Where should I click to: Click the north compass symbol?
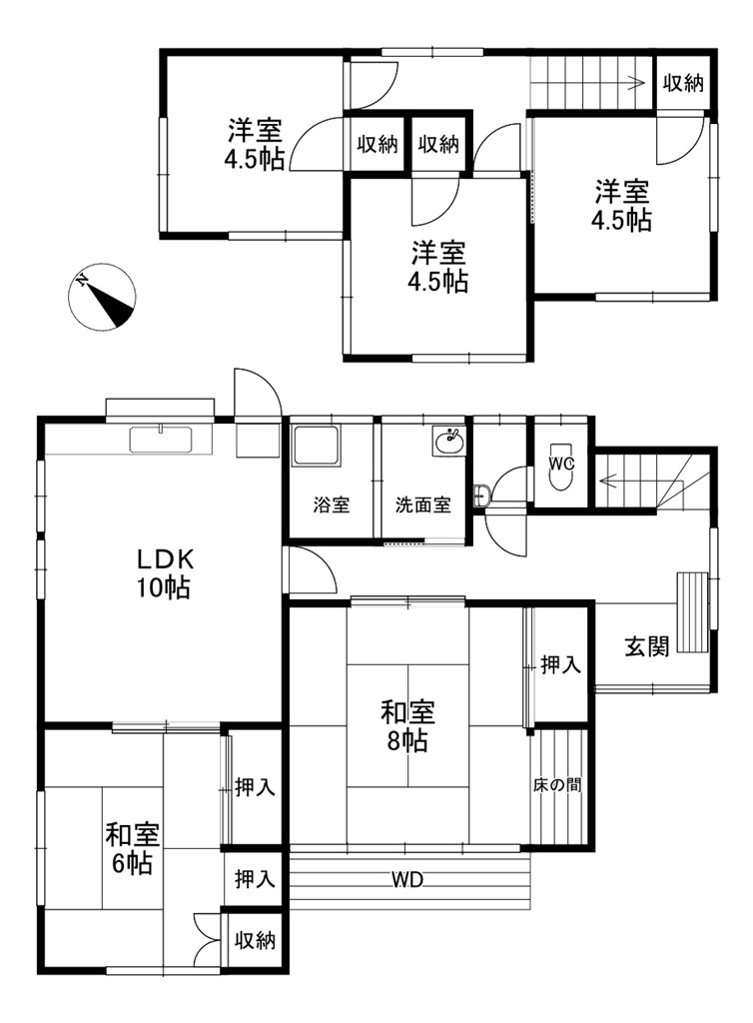(102, 296)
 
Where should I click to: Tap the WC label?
(561, 464)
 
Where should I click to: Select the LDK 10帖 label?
(164, 574)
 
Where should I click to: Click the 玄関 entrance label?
(647, 646)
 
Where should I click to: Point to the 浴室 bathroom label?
(332, 505)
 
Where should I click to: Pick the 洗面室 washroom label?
(423, 505)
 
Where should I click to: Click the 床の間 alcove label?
(557, 785)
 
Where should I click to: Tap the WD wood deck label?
(408, 881)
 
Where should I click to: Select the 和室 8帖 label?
(407, 726)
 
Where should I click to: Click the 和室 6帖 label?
(133, 849)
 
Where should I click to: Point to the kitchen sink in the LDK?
(161, 440)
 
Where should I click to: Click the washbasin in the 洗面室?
(449, 441)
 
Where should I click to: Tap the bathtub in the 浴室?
(316, 446)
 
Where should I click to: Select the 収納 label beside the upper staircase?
(683, 83)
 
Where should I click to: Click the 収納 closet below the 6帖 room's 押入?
(255, 940)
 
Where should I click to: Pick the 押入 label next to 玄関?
(560, 664)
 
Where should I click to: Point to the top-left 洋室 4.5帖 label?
(255, 144)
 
